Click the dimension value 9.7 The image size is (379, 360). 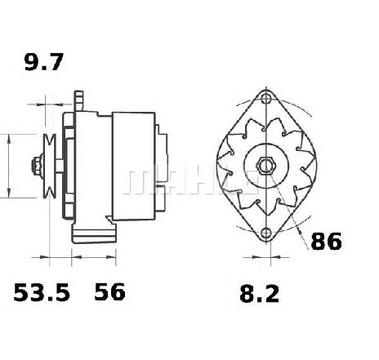[x=42, y=62]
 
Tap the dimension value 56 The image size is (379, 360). [x=110, y=291]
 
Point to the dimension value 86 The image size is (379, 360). [x=324, y=241]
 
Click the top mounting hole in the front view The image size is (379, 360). [x=265, y=98]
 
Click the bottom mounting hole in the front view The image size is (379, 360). [x=265, y=234]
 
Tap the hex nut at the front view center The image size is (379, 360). [x=265, y=167]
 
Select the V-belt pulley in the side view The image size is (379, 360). [x=51, y=167]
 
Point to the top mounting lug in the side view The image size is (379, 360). [x=79, y=100]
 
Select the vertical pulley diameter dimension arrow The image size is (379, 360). [x=8, y=167]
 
